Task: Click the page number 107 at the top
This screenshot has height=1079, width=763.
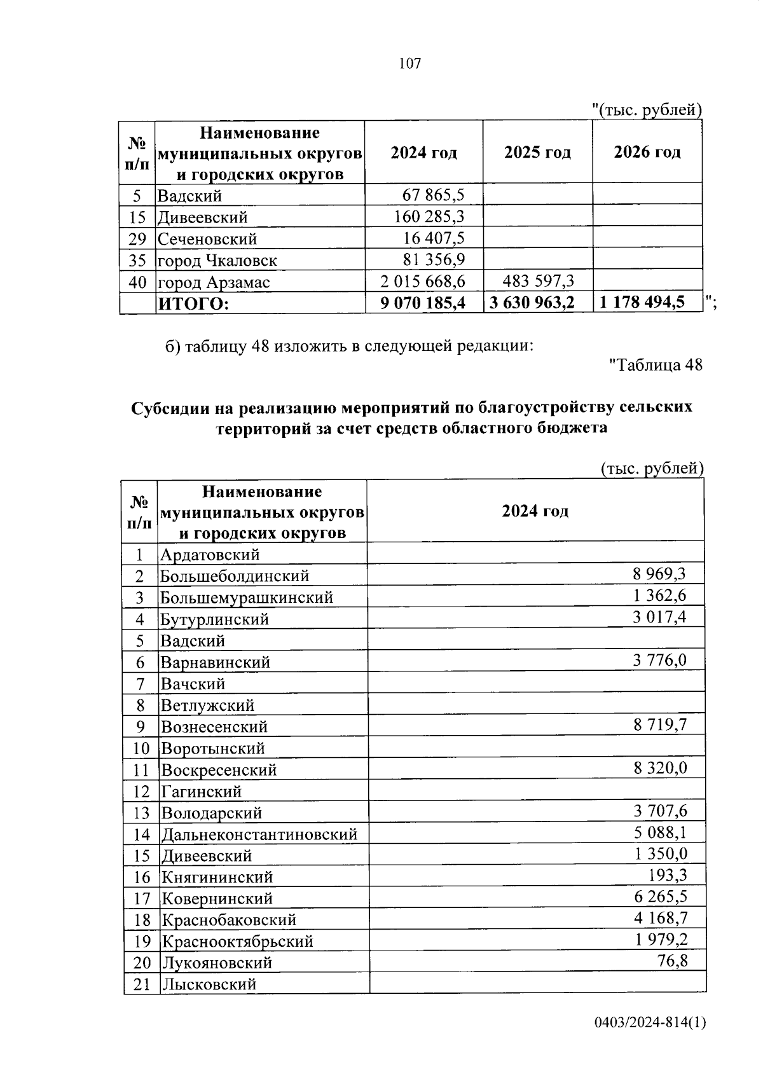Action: coord(410,64)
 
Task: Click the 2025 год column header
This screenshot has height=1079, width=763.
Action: coord(537,153)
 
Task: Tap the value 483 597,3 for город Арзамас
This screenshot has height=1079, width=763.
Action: coord(538,281)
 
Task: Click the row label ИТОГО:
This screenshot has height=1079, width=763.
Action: coord(193,304)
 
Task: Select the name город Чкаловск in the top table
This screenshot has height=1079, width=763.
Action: coord(217,261)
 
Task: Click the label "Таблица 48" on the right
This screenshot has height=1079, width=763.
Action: coord(656,365)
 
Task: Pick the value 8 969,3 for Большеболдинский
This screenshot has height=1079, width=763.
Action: coord(659,575)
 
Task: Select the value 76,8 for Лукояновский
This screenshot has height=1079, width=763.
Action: coord(672,961)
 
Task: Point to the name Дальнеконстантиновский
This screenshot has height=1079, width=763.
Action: coord(259,834)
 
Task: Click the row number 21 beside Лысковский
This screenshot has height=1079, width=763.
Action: coord(142,984)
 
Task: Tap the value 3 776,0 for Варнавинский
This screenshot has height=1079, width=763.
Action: coord(659,661)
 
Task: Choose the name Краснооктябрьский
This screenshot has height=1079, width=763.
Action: coord(237,941)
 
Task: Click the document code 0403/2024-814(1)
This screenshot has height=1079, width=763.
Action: coord(650,1040)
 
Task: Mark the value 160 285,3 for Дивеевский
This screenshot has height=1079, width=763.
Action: coord(429,217)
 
